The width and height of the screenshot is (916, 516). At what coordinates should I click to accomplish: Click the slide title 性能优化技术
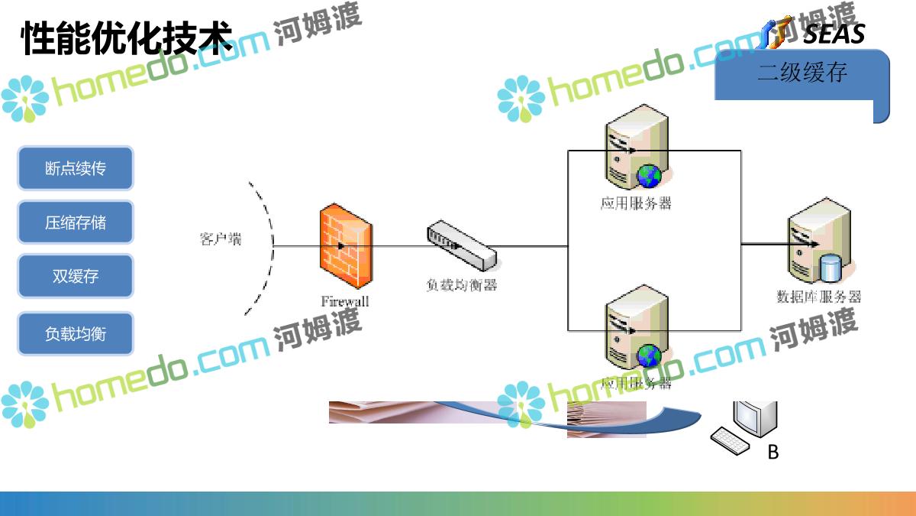(126, 38)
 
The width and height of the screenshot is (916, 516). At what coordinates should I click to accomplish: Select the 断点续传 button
(76, 168)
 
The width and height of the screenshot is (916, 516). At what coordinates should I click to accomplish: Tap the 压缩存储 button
(76, 222)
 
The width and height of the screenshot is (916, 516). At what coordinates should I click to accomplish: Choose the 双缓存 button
(76, 276)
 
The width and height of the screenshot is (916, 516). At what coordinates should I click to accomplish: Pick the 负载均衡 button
(76, 333)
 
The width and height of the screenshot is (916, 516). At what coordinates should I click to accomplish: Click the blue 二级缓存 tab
(801, 74)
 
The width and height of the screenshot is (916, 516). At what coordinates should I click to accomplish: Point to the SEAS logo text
(834, 34)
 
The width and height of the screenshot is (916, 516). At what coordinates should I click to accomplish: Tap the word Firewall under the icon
(345, 301)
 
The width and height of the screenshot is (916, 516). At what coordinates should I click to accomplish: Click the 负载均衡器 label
(461, 285)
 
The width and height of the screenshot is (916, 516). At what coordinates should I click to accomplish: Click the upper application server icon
(635, 151)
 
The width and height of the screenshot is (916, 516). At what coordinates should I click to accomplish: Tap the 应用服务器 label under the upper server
(636, 203)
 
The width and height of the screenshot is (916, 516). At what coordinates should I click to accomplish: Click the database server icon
(818, 242)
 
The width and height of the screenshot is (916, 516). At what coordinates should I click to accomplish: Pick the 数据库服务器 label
(818, 297)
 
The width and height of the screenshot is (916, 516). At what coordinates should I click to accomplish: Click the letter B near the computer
(772, 453)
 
